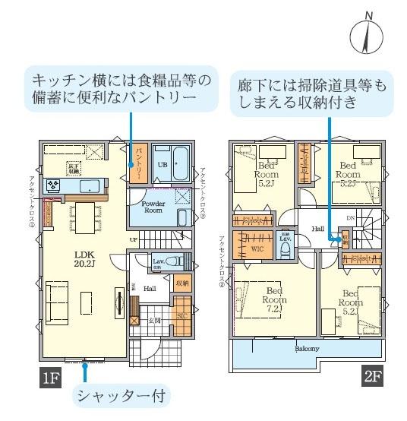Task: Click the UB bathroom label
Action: pos(162,164)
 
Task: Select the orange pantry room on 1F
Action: pos(138,163)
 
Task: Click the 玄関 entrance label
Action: pos(154,321)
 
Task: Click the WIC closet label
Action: pos(258,246)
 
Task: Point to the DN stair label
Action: pos(350,217)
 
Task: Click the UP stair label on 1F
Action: pos(134,239)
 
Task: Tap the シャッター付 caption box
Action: pos(123,395)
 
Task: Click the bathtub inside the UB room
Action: pos(181,163)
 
